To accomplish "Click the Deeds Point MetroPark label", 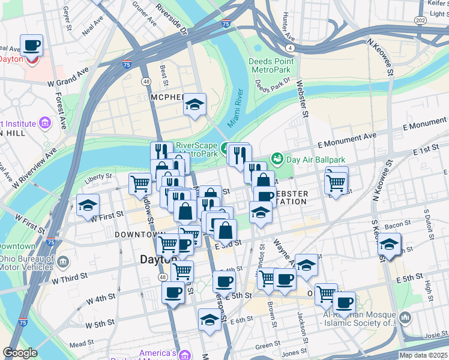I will (272, 65).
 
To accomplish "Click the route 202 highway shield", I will (421, 21).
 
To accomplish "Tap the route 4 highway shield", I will (290, 47).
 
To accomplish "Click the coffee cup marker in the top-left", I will (31, 46).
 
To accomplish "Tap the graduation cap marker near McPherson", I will (194, 105).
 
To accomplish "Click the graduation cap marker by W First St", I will (88, 206).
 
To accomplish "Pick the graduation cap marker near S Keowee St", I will (389, 244).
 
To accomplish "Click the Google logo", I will (20, 353).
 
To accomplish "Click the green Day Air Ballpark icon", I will (277, 159).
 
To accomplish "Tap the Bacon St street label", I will (397, 224).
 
